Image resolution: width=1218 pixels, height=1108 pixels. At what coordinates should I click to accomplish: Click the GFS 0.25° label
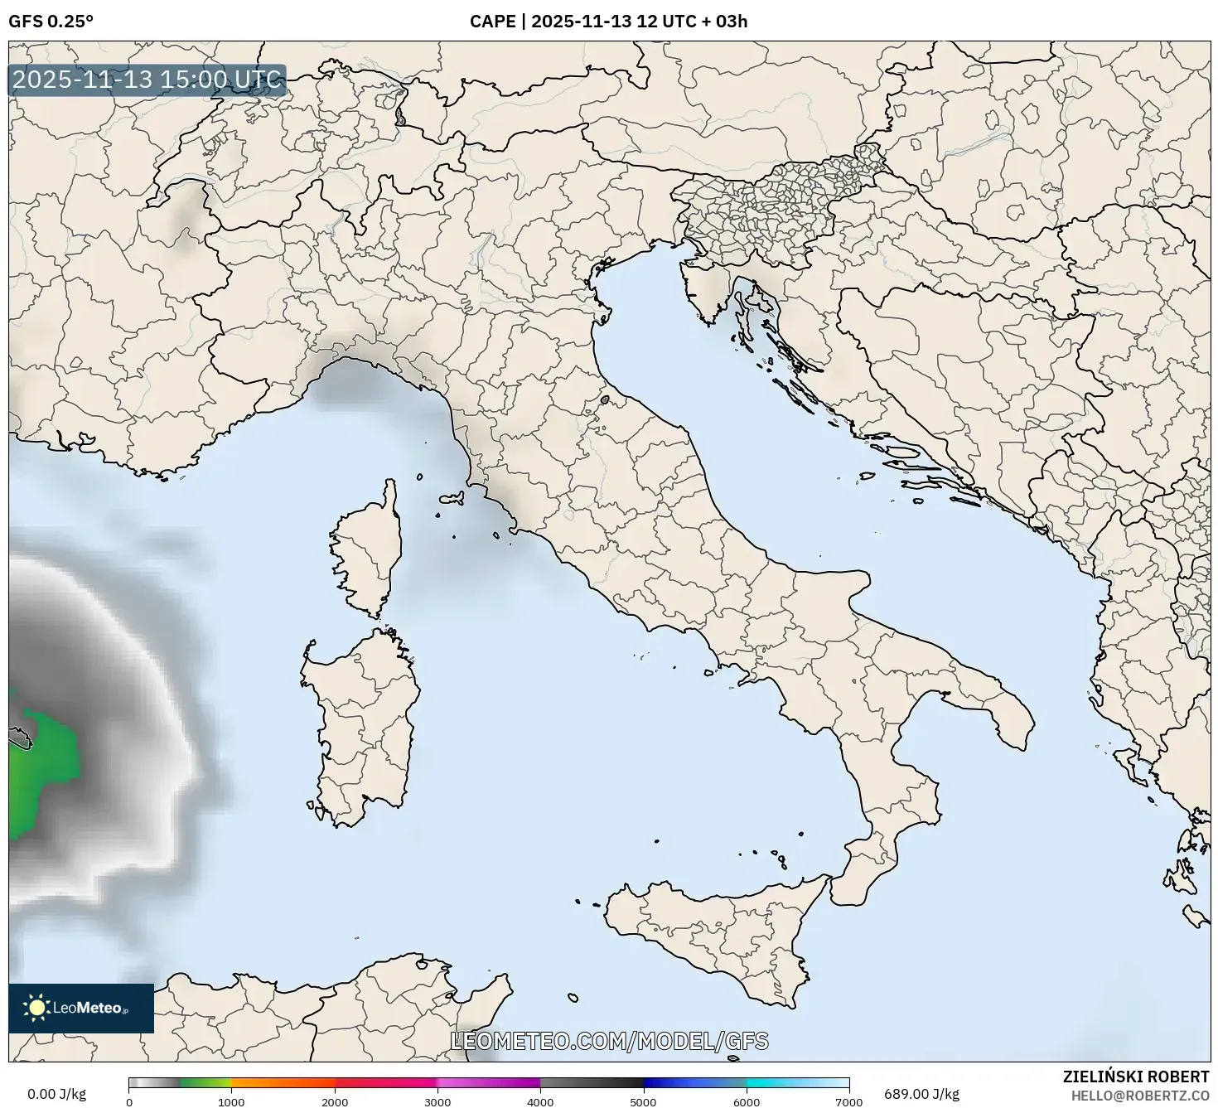[51, 22]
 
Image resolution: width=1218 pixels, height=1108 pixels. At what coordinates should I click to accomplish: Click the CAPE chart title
[608, 22]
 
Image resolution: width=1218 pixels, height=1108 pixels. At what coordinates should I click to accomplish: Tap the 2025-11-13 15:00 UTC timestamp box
[147, 80]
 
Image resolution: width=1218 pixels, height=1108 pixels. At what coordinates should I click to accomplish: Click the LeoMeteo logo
[81, 1008]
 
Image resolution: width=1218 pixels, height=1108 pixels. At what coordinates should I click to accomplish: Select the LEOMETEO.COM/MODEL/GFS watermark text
[609, 1041]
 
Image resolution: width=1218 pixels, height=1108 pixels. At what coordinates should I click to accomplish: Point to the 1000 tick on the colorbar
[231, 1102]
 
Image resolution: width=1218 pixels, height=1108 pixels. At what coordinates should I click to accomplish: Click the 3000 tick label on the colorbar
[437, 1102]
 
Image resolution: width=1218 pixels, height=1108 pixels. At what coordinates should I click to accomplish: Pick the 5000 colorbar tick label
[644, 1102]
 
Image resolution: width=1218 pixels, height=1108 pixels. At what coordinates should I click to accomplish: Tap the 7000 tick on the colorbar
[849, 1102]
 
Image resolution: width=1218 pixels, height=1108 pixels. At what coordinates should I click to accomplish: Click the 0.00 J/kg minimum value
[56, 1094]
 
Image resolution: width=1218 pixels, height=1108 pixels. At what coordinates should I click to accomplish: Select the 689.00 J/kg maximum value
[921, 1094]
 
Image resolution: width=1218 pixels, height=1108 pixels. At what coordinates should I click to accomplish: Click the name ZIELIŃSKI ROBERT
[1136, 1077]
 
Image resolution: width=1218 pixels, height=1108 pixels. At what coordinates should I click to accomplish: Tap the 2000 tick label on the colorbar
[335, 1102]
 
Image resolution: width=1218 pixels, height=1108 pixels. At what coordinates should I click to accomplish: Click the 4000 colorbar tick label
[540, 1102]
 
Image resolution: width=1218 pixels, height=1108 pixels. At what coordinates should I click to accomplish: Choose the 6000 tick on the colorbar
[747, 1102]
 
